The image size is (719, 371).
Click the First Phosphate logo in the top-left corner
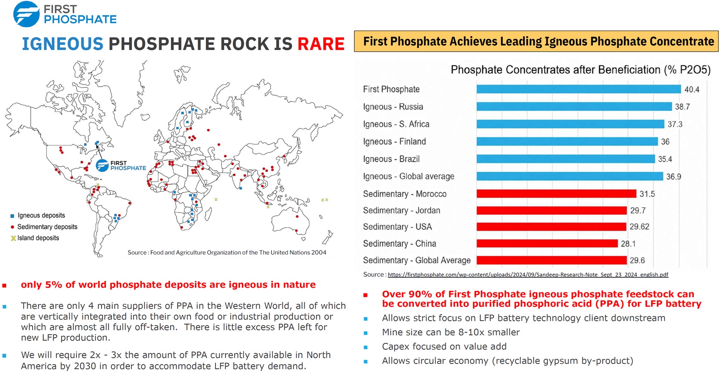tap(65, 14)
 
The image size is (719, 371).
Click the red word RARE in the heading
tap(321, 44)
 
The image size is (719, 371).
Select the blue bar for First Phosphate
tap(578, 89)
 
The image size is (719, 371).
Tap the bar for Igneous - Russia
tap(574, 107)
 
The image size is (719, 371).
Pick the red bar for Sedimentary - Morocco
tap(557, 194)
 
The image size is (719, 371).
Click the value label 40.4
tap(692, 89)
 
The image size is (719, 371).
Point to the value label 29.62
tap(639, 227)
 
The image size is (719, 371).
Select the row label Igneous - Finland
tap(394, 142)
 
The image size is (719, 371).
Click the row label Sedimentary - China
tap(399, 244)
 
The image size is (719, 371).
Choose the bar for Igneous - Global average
tap(570, 176)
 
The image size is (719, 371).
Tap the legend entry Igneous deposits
tap(38, 216)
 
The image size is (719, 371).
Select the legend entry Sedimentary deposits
tap(44, 227)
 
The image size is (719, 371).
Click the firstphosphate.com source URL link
tap(528, 274)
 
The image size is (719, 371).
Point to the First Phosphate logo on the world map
tap(121, 166)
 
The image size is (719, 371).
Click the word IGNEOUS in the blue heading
tap(62, 44)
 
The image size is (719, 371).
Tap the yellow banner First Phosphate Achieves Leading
tap(536, 41)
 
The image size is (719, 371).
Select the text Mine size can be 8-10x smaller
tap(451, 332)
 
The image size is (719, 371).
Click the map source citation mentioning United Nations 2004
tap(227, 252)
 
